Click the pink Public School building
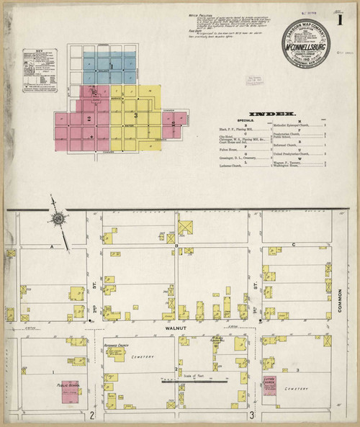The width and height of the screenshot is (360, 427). pos(70,389)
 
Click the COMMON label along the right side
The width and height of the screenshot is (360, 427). pos(342,300)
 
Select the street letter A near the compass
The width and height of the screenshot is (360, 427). pos(53,246)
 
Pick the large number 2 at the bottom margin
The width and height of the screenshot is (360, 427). pos(93,415)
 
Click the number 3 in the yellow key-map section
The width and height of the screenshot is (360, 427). pos(135,114)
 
